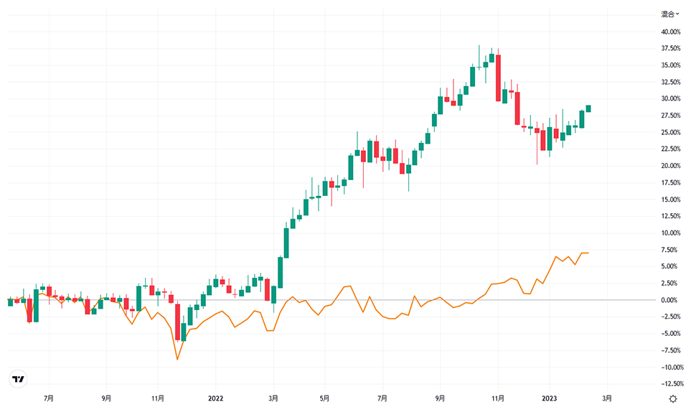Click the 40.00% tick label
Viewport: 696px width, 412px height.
(x=671, y=32)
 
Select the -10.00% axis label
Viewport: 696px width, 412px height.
(x=670, y=367)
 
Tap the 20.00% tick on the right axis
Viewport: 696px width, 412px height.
(x=671, y=166)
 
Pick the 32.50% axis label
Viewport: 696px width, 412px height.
(x=671, y=82)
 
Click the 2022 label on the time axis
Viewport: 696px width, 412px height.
(x=216, y=398)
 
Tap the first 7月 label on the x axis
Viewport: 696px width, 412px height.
(x=50, y=398)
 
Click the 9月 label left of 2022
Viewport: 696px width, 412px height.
(x=106, y=398)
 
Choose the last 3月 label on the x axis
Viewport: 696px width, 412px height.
(x=607, y=398)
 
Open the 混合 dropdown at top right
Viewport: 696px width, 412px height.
(x=670, y=14)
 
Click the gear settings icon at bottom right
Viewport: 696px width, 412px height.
(x=673, y=399)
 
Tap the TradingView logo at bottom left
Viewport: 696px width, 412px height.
(x=19, y=379)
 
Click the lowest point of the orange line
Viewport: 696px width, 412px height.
(x=177, y=359)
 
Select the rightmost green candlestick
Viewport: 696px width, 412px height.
(x=588, y=108)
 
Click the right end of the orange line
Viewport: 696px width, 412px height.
(x=588, y=253)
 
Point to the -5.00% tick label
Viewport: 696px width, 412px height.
(x=671, y=333)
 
